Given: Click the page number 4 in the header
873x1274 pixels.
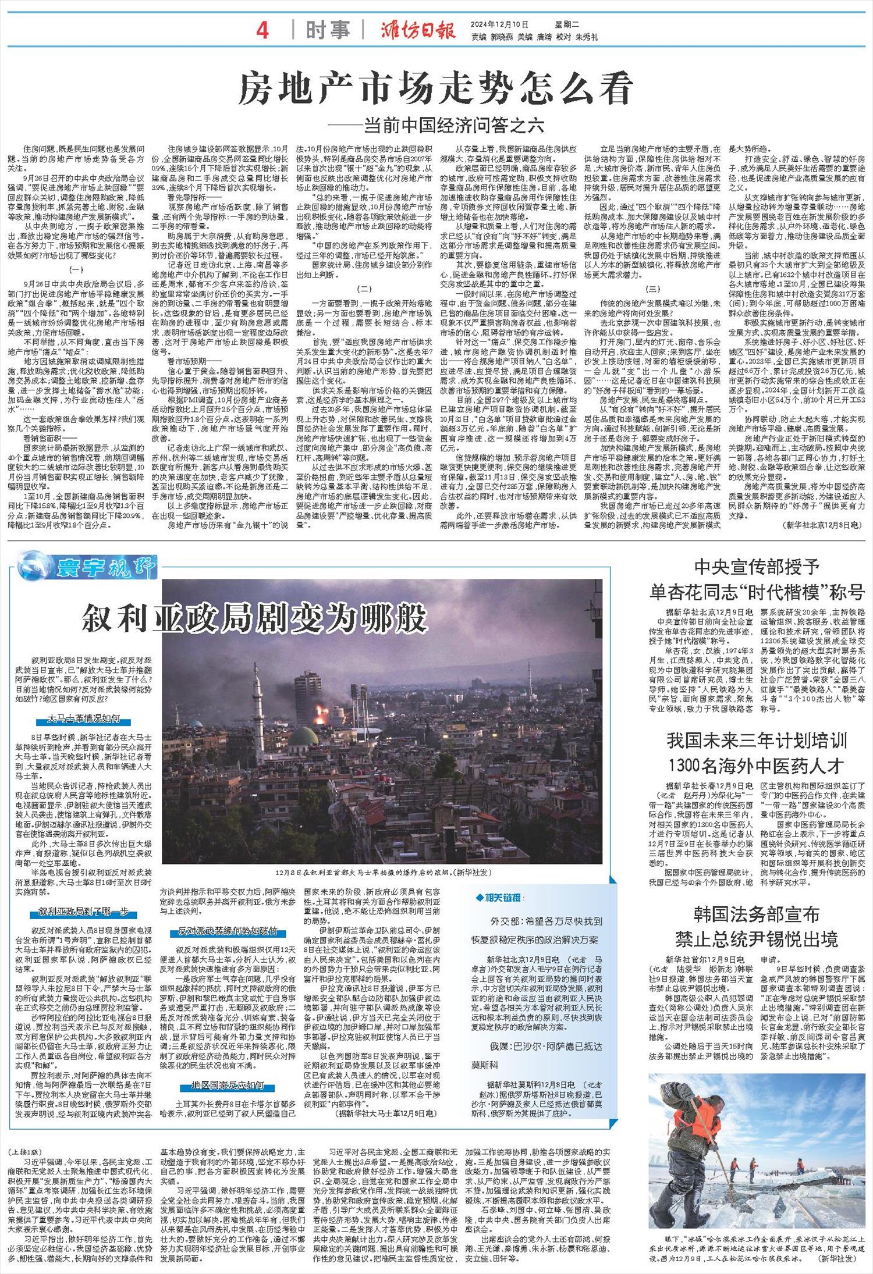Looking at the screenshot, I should point(262,30).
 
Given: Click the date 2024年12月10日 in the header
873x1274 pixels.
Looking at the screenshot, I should point(499,24).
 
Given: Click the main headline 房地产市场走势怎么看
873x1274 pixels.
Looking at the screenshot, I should point(436,90).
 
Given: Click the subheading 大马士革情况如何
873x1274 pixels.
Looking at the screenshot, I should point(84,720).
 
